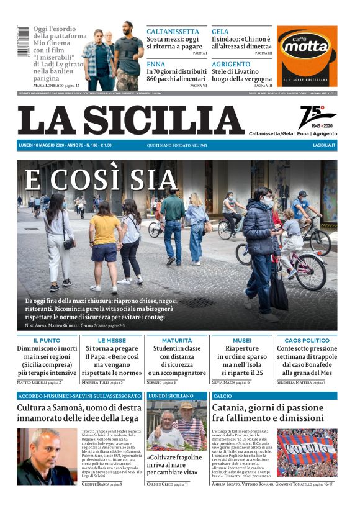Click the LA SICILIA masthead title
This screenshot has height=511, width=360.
click(130, 120)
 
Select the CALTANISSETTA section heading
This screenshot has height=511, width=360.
click(173, 31)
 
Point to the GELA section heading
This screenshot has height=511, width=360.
click(220, 31)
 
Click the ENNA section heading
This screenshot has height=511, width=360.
click(156, 64)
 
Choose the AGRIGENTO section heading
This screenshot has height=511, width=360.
click(231, 64)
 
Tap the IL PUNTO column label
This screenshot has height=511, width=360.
click(47, 341)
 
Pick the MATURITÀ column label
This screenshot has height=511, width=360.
click(177, 341)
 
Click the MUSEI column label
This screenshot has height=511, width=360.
click(241, 341)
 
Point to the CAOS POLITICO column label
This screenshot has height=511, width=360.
click(307, 341)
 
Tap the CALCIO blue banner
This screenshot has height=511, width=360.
click(223, 396)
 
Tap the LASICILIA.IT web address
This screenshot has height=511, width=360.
click(324, 145)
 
